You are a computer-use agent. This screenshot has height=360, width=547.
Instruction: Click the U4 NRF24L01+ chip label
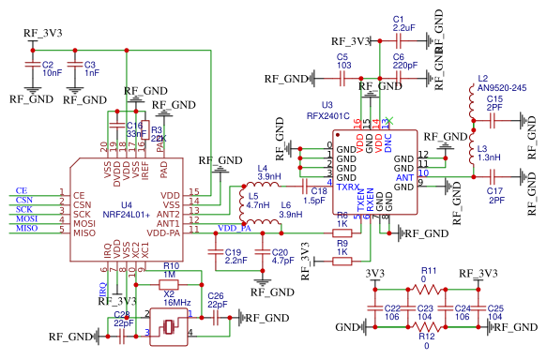pyautogui.click(x=118, y=208)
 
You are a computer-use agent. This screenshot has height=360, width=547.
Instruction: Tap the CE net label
pyautogui.click(x=22, y=191)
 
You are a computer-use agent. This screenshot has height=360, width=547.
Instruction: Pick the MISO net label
pyautogui.click(x=25, y=228)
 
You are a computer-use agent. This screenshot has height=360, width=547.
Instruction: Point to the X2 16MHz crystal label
pyautogui.click(x=176, y=299)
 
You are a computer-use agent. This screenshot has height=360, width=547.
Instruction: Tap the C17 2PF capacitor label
pyautogui.click(x=494, y=195)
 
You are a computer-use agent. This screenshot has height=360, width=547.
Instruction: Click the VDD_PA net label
pyautogui.click(x=234, y=228)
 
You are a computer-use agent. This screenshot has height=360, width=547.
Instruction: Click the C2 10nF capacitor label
pyautogui.click(x=53, y=68)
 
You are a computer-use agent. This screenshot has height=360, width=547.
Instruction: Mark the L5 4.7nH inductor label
pyautogui.click(x=259, y=200)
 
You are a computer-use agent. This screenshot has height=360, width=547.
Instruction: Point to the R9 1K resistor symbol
pyautogui.click(x=342, y=262)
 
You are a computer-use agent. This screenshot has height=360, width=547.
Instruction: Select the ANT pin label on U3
pyautogui.click(x=405, y=177)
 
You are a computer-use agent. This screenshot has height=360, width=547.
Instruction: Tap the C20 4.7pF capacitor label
pyautogui.click(x=281, y=257)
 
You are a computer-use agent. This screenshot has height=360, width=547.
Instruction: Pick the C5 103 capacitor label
pyautogui.click(x=343, y=62)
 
